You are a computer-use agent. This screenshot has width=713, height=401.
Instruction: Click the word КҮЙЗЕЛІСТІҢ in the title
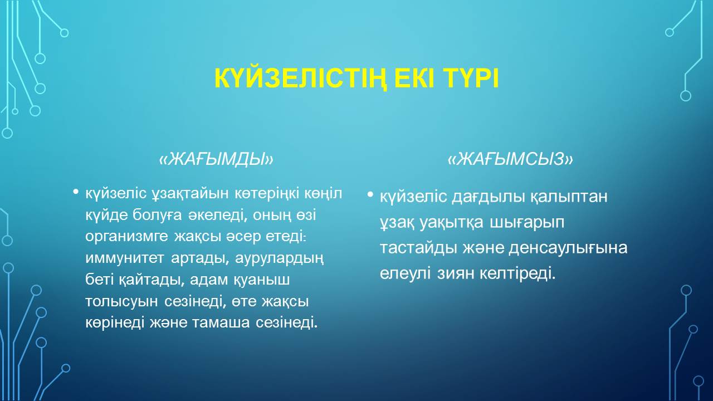300,79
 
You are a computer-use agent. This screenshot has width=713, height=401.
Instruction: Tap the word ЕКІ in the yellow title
415,77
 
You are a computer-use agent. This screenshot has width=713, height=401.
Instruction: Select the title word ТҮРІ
471,77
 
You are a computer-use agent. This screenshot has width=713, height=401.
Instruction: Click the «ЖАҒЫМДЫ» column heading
216,159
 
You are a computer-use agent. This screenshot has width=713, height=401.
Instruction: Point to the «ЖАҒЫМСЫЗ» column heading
510,159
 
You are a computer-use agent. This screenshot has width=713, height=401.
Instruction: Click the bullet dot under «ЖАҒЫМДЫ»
75,192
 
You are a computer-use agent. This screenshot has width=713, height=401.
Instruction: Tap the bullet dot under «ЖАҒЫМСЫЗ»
370,194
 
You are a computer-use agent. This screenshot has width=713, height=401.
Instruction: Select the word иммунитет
125,258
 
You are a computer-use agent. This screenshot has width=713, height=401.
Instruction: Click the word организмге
126,237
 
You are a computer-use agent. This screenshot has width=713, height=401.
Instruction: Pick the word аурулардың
280,259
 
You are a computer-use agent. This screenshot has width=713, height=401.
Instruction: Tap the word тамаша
221,323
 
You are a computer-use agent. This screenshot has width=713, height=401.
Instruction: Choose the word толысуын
121,302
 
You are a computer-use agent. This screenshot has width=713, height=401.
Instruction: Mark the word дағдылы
488,197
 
